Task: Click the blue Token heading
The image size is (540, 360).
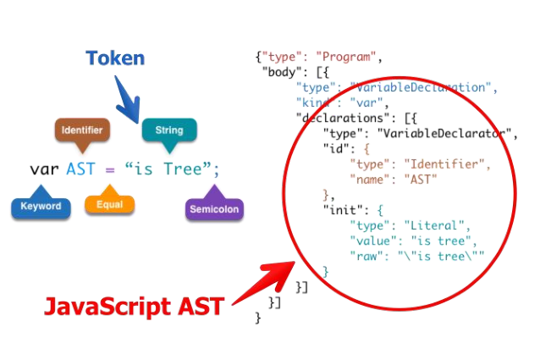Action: (x=114, y=58)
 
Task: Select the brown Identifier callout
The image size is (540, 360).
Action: (x=83, y=130)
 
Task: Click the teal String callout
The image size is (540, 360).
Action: (x=168, y=130)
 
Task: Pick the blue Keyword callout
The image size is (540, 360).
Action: (x=41, y=206)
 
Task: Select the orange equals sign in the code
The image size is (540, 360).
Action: (x=109, y=169)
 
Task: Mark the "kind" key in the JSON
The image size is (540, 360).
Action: (x=316, y=102)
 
